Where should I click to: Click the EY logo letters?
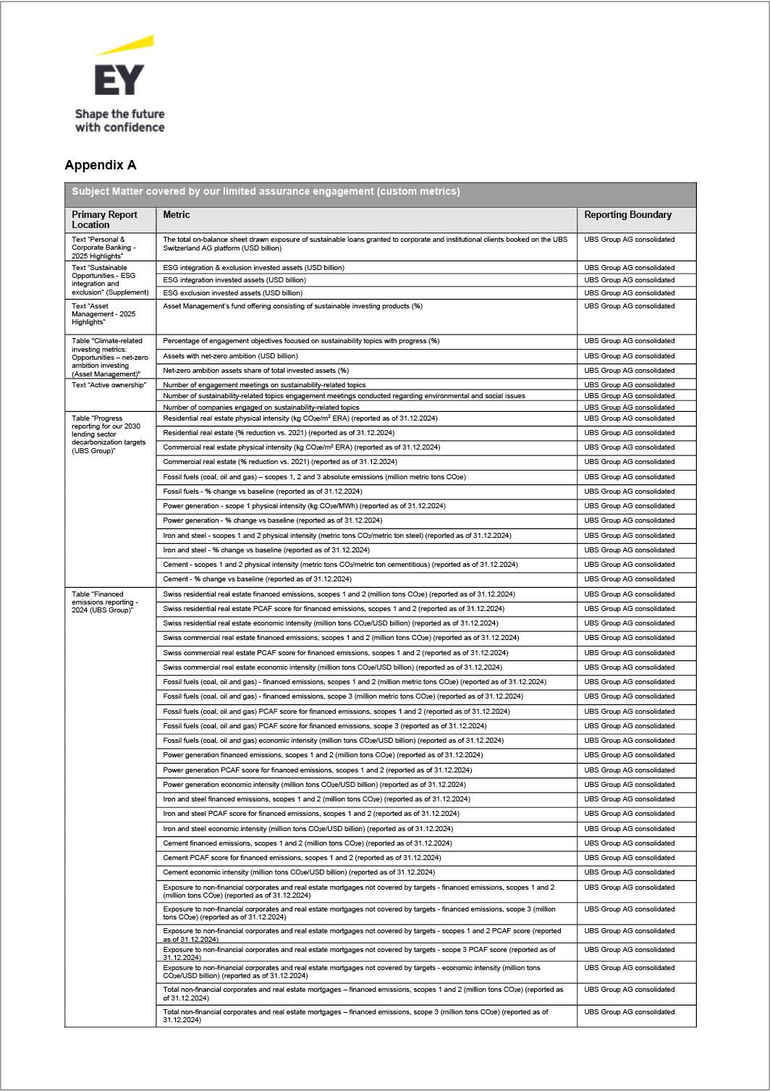click(x=119, y=80)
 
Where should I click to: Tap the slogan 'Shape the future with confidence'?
click(x=119, y=121)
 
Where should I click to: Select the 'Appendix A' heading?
click(x=101, y=165)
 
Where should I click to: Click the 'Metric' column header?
click(x=177, y=215)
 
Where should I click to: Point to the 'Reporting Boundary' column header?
click(x=627, y=215)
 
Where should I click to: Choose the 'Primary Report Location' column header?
click(x=104, y=219)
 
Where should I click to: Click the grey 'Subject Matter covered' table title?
click(x=266, y=192)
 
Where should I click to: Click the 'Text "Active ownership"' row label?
click(x=109, y=385)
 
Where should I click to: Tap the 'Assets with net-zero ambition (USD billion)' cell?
click(x=230, y=356)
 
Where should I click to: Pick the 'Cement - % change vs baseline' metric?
click(x=257, y=579)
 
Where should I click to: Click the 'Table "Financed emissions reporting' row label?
click(x=105, y=602)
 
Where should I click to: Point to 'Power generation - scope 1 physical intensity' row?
click(x=304, y=506)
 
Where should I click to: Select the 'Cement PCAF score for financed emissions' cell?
click(x=302, y=858)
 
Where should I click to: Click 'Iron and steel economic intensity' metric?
click(x=308, y=829)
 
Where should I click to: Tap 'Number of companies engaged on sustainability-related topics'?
click(x=261, y=408)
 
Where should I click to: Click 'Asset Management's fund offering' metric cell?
click(x=292, y=306)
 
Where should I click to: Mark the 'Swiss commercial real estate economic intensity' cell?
click(x=332, y=667)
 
